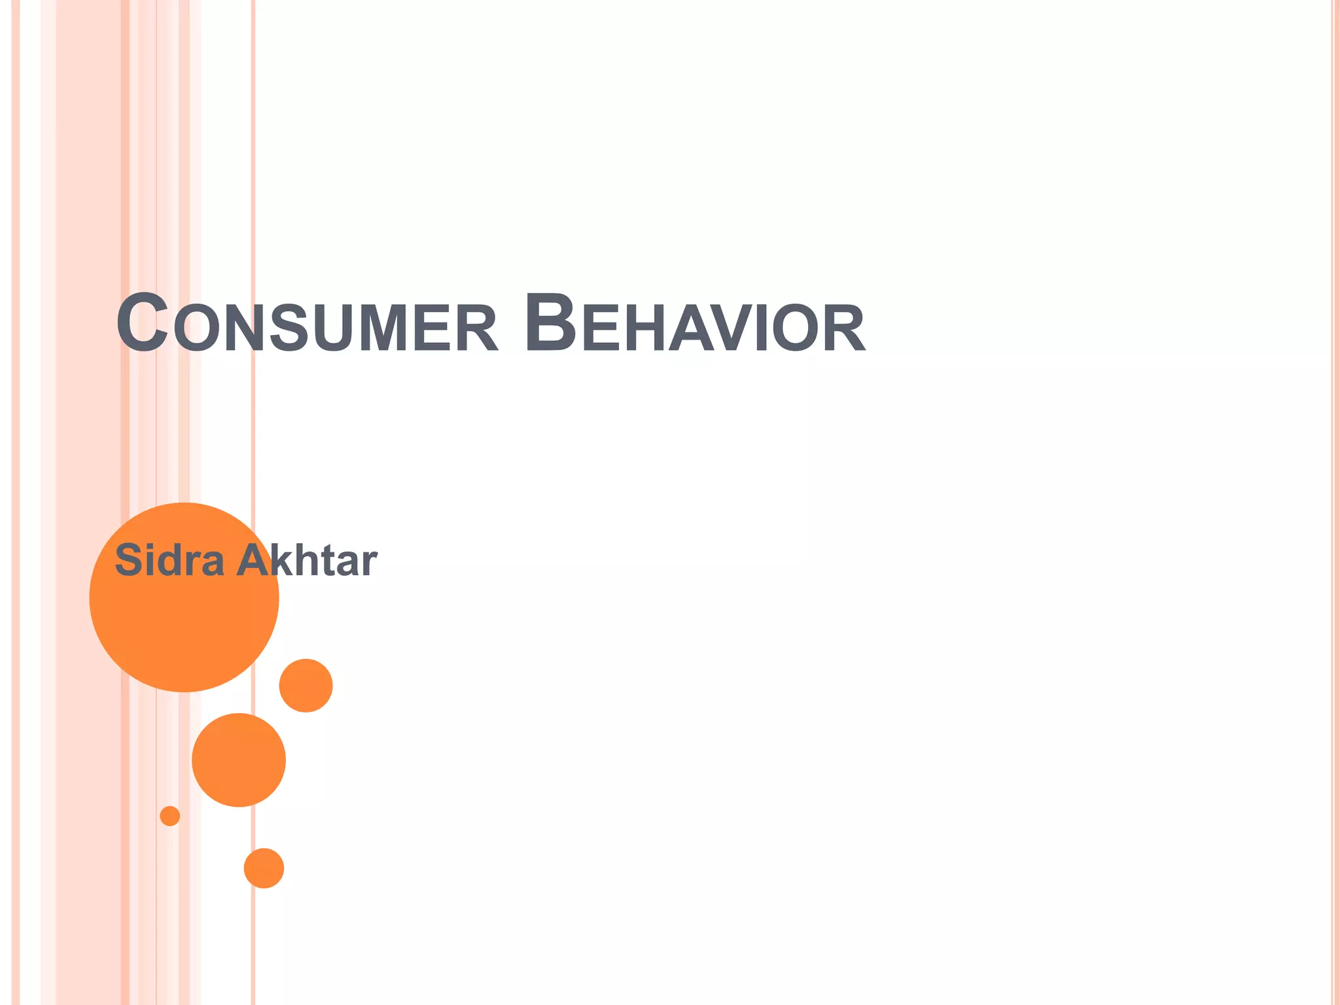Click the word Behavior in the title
click(x=694, y=325)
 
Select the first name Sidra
click(x=169, y=561)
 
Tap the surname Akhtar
click(x=306, y=561)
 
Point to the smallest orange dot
click(x=170, y=816)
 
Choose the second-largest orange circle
click(x=239, y=760)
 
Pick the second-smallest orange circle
click(x=264, y=868)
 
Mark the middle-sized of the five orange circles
click(x=306, y=685)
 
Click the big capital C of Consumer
click(x=142, y=324)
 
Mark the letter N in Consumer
click(x=245, y=328)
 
